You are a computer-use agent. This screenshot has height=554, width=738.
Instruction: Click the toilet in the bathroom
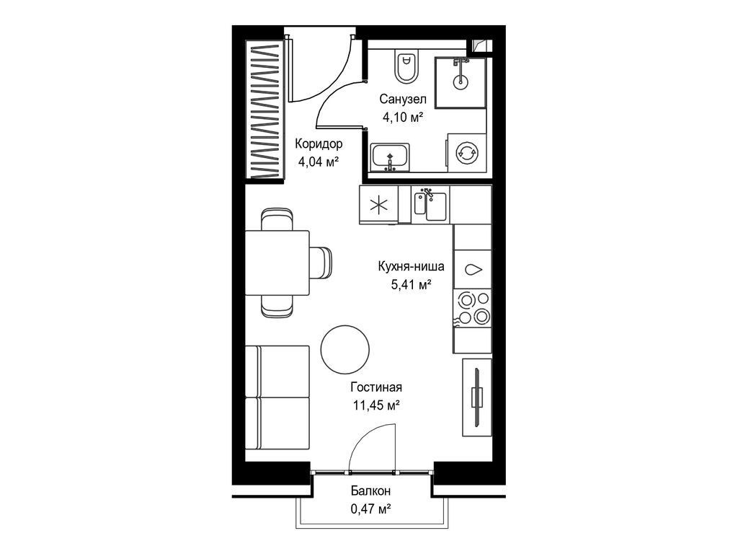tap(405, 67)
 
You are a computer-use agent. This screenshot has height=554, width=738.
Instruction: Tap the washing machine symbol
tap(467, 152)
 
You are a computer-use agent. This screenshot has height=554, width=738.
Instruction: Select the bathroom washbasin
tap(390, 157)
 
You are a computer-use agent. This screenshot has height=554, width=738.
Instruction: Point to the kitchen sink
tap(430, 205)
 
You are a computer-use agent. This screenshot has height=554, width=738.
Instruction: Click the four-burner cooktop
tap(472, 307)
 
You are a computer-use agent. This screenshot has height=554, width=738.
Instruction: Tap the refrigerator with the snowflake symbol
tap(378, 204)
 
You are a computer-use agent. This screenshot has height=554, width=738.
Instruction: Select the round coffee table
tap(344, 348)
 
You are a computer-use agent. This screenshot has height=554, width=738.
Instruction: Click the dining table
tap(277, 263)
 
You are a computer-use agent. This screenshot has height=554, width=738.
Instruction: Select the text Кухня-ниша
tap(411, 267)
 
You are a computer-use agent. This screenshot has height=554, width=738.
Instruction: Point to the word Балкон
tap(371, 491)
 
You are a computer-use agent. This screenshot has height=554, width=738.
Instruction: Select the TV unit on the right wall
tap(476, 397)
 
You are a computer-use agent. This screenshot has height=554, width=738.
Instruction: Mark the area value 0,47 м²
tap(371, 509)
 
